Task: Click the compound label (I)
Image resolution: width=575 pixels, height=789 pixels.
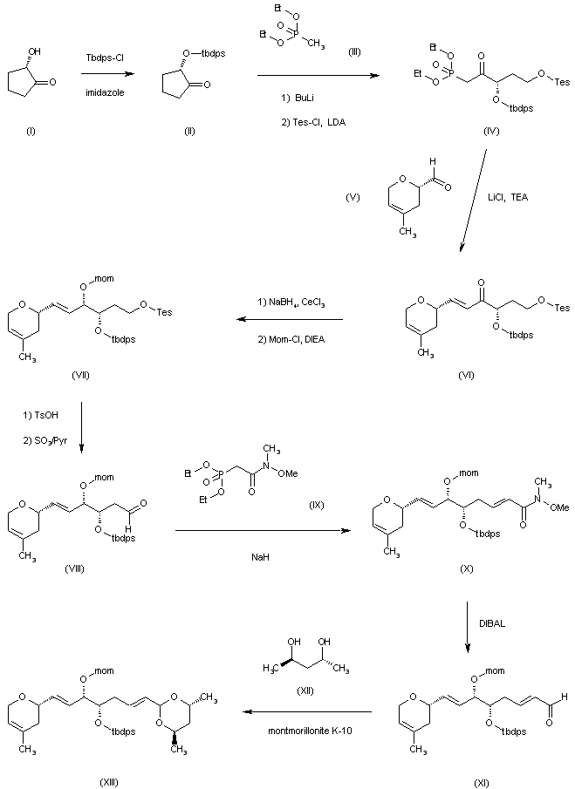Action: [31, 132]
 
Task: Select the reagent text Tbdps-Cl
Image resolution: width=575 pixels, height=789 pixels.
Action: [106, 58]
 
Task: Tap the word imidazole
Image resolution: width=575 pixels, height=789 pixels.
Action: [105, 92]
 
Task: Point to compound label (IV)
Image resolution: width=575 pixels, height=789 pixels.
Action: [491, 132]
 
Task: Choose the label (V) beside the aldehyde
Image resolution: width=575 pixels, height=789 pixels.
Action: [353, 197]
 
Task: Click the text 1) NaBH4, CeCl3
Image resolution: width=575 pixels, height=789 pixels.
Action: [291, 303]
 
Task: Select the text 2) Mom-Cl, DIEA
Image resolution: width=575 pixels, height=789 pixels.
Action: [291, 340]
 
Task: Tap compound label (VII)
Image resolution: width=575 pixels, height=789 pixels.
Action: [80, 375]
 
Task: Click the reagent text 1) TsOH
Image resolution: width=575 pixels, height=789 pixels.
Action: [40, 415]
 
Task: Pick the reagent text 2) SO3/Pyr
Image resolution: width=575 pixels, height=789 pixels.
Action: [45, 441]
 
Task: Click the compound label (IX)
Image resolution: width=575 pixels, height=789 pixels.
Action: [316, 505]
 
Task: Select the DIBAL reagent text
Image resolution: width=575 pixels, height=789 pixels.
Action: [492, 623]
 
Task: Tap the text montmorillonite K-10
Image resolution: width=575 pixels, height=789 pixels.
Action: [310, 730]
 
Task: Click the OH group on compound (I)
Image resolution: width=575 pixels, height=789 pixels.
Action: [35, 51]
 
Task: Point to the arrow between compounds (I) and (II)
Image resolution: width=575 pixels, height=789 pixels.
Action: [107, 74]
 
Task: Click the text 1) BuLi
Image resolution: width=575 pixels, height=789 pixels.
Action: [298, 99]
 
